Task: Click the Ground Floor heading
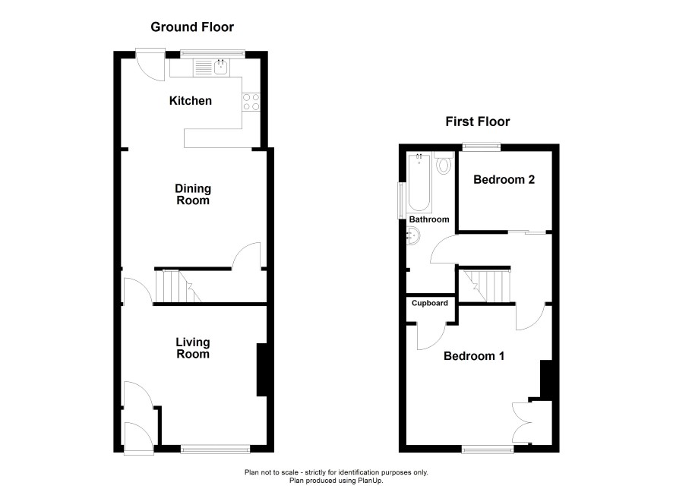[x=192, y=27]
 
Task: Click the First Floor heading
[x=477, y=121]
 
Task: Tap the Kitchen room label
[x=191, y=101]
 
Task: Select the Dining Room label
[x=193, y=194]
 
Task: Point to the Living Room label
[x=193, y=348]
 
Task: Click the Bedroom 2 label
[x=504, y=179]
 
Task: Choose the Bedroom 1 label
[x=474, y=356]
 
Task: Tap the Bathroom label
[x=428, y=219]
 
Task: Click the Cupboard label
[x=430, y=303]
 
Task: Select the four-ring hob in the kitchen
[x=251, y=102]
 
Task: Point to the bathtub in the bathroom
[x=419, y=183]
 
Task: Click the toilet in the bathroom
[x=444, y=162]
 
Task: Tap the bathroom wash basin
[x=413, y=236]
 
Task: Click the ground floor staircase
[x=178, y=286]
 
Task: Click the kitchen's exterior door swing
[x=150, y=65]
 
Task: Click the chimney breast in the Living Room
[x=262, y=369]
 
